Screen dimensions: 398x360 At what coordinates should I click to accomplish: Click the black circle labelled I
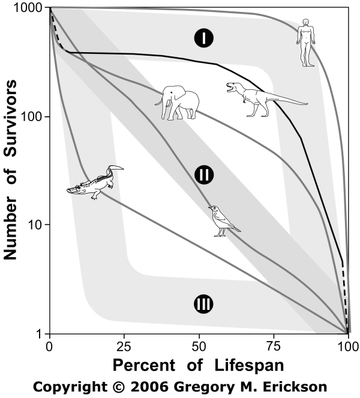(x=204, y=38)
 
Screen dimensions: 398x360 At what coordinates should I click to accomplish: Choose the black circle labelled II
(x=204, y=174)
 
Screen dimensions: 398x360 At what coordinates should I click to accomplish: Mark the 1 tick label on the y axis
(x=40, y=334)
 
